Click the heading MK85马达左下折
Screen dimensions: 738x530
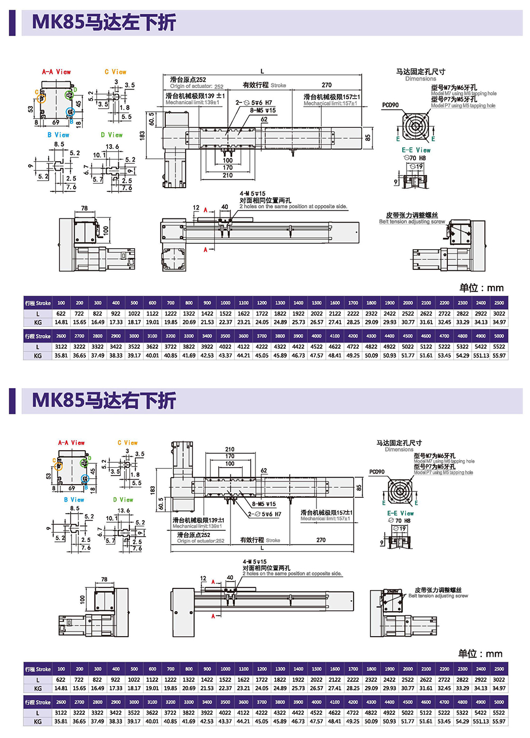(104, 22)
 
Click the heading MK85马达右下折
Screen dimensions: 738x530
(104, 400)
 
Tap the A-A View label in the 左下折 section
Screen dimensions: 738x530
(56, 72)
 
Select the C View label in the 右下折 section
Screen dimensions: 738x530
(127, 443)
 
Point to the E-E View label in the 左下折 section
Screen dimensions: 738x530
(416, 150)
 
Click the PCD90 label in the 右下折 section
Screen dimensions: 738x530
(377, 471)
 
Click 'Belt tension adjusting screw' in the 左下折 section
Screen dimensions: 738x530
(412, 222)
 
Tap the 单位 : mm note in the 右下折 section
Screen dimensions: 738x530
(480, 654)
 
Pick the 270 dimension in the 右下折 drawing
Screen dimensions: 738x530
(321, 540)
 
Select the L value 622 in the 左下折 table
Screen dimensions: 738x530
(61, 313)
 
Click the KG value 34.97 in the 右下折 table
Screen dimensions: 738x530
(499, 688)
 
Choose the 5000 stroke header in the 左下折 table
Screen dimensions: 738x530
(499, 336)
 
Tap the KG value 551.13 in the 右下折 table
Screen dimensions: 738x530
(481, 721)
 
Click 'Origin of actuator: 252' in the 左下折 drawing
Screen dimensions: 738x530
(197, 86)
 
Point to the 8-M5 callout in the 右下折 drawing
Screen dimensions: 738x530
(263, 504)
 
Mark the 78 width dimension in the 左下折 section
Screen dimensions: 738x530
(84, 208)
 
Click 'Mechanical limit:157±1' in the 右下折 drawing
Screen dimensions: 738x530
(325, 519)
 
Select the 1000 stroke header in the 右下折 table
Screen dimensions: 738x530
(225, 669)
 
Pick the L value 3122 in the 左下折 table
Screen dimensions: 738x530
(61, 347)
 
